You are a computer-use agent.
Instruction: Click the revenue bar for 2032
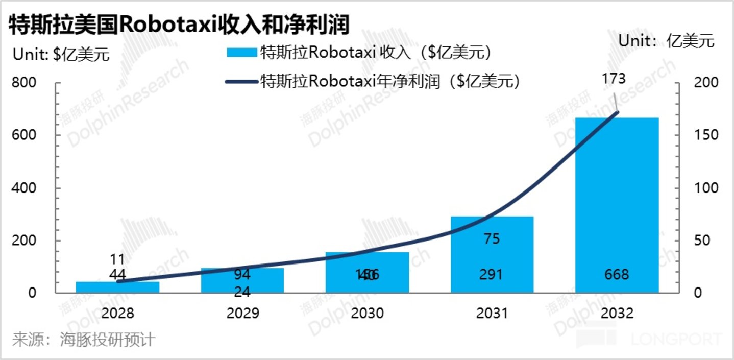(617, 204)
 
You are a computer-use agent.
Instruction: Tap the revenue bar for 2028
(117, 287)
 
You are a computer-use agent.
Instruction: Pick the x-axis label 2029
(242, 313)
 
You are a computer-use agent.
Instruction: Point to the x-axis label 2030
(367, 313)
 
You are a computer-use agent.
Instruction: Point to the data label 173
(613, 79)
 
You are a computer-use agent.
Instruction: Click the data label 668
(617, 274)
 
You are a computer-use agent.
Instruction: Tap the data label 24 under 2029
(242, 293)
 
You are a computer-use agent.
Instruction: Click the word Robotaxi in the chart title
(168, 24)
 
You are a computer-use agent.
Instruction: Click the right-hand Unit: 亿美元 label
(667, 41)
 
